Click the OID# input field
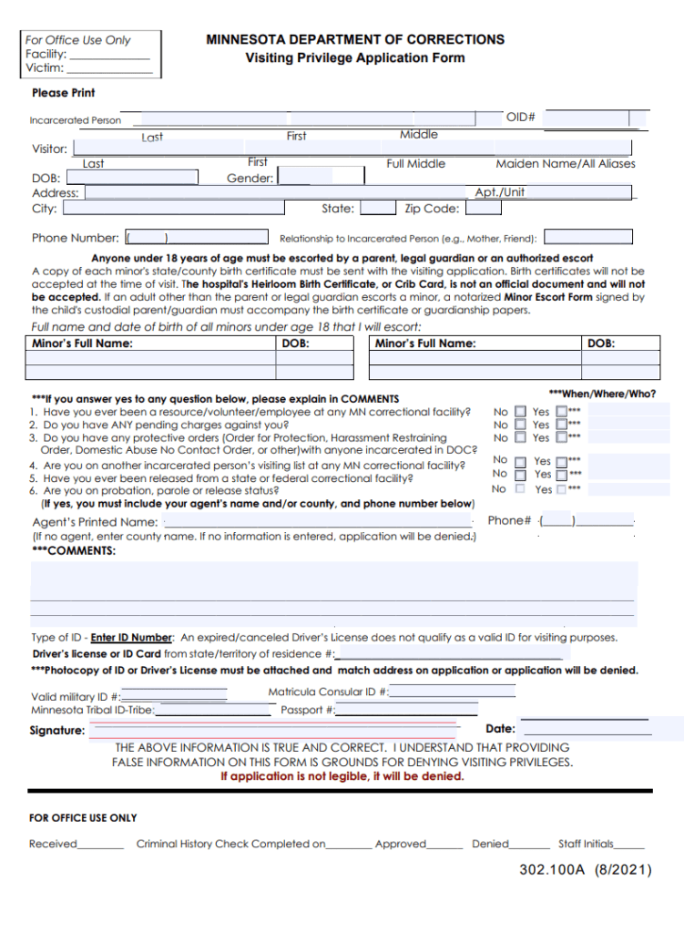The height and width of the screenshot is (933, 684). [x=594, y=118]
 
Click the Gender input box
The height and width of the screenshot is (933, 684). [x=305, y=177]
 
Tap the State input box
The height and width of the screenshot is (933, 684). [x=377, y=208]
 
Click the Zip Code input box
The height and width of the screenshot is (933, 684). [x=483, y=208]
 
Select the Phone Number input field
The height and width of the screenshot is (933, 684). [x=146, y=238]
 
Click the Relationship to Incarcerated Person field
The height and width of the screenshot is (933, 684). [x=587, y=238]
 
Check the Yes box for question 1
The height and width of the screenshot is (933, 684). [x=561, y=412]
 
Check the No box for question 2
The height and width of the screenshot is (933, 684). [x=520, y=425]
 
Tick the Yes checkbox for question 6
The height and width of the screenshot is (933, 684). [x=561, y=489]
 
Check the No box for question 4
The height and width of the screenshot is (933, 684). [x=520, y=462]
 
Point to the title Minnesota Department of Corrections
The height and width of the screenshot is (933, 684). [x=355, y=40]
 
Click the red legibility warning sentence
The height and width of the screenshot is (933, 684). [x=342, y=777]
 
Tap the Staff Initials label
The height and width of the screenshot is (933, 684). [x=586, y=844]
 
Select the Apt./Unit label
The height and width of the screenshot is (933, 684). [x=500, y=192]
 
